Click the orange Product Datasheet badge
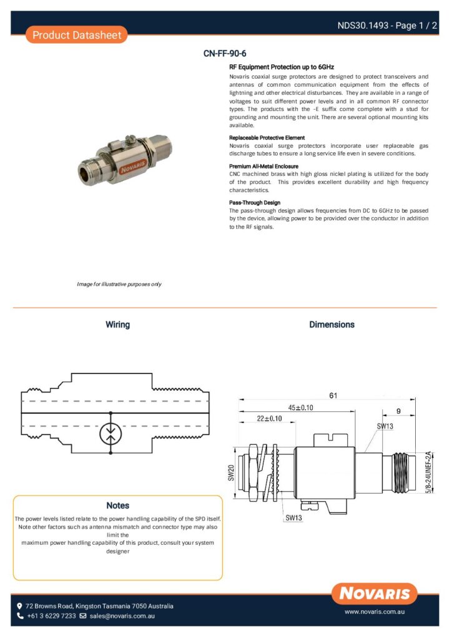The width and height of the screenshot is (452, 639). tap(76, 35)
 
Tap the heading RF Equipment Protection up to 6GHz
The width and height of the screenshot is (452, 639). tap(282, 66)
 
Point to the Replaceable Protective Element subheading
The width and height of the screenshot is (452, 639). tap(267, 137)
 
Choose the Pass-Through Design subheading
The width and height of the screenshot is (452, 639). tap(255, 203)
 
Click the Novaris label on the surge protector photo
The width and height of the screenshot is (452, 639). tap(112, 168)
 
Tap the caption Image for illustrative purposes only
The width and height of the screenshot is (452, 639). tap(119, 284)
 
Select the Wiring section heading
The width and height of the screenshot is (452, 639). tap(117, 324)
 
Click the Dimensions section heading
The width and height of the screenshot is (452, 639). tap(332, 324)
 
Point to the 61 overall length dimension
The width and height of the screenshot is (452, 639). tap(333, 395)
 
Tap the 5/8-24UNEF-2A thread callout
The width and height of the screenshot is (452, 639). tap(429, 472)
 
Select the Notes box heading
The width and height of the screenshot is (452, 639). tap(117, 505)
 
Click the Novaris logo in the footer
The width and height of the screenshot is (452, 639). tap(375, 593)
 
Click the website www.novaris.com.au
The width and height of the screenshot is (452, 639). tap(375, 613)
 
